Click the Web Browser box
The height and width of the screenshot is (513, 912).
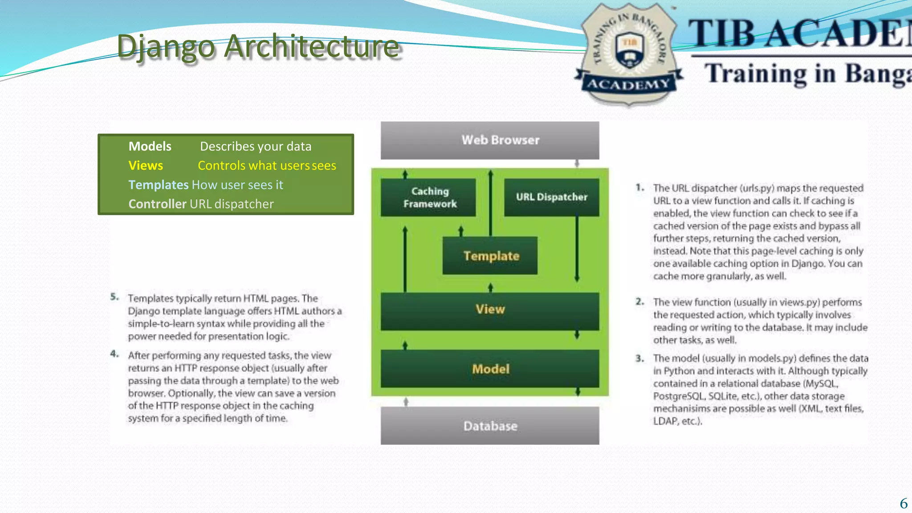tap(490, 140)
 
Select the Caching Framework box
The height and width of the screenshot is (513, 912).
tap(428, 197)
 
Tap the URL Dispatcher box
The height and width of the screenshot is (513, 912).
tap(551, 197)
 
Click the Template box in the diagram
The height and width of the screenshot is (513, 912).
tap(490, 256)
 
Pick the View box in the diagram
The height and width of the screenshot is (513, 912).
tap(490, 310)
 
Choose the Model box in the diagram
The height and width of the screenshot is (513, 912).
tap(490, 369)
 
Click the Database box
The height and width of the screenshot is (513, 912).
tap(490, 426)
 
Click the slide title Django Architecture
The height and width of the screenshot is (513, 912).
tap(258, 47)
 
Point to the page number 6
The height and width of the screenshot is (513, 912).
tap(904, 503)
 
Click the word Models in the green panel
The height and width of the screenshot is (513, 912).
tap(150, 147)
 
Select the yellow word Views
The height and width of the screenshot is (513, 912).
tap(146, 166)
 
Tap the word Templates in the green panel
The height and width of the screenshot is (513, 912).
tap(159, 185)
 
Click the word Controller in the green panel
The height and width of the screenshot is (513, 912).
tap(157, 204)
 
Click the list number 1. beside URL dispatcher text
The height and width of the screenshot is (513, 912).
tap(640, 188)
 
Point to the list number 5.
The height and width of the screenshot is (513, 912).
tap(114, 297)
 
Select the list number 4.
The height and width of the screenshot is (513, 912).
tap(114, 354)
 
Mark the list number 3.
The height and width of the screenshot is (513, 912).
tap(640, 358)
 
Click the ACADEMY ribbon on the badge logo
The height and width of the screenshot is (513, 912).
tap(629, 84)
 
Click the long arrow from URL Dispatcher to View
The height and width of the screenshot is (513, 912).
tap(577, 249)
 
